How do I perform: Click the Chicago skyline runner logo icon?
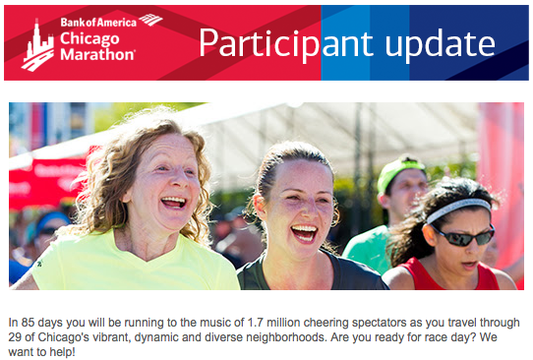coord(37,46)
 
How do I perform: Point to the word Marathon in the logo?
coord(97,55)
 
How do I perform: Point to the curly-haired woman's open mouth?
coord(174,203)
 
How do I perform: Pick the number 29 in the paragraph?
coord(16,336)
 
